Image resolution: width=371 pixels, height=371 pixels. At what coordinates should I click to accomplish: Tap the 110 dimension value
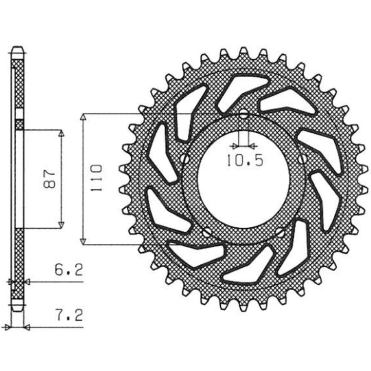(97, 177)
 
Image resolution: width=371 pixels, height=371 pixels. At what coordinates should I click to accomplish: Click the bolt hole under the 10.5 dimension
(244, 115)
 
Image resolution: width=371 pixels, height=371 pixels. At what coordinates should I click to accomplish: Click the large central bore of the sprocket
(244, 179)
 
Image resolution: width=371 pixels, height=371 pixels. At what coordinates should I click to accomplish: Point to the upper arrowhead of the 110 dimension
(83, 119)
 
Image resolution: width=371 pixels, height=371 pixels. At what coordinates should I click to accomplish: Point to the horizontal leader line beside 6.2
(56, 281)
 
